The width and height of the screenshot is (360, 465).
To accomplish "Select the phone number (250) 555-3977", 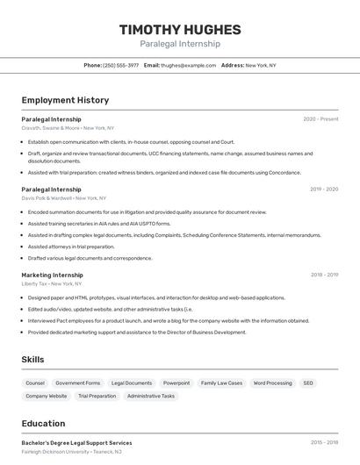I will pyautogui.click(x=121, y=65).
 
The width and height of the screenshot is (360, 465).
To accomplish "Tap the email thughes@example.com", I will pyautogui.click(x=188, y=65).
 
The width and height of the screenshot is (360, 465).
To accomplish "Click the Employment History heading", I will pyautogui.click(x=65, y=100).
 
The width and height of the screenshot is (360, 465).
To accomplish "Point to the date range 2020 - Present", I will pyautogui.click(x=320, y=119).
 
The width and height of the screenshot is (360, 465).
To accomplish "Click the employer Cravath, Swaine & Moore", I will pyautogui.click(x=51, y=128).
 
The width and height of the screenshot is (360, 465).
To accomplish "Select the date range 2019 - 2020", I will pyautogui.click(x=324, y=190).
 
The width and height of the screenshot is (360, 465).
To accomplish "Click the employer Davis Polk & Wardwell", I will pyautogui.click(x=47, y=198).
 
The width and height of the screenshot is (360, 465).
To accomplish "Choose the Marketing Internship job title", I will pyautogui.click(x=52, y=275).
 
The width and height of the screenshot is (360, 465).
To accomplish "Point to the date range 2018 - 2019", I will pyautogui.click(x=324, y=275).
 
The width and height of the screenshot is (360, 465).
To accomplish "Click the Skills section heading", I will pyautogui.click(x=32, y=360).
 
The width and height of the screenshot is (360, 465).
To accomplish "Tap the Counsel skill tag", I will pyautogui.click(x=35, y=383).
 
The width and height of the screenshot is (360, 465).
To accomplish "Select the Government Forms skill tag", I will pyautogui.click(x=78, y=383).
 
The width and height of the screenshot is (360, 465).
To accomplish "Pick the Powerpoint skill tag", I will pyautogui.click(x=176, y=383).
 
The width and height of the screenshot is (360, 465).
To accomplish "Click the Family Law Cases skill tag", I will pyautogui.click(x=221, y=383).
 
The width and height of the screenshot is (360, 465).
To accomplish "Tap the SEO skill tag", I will pyautogui.click(x=308, y=383).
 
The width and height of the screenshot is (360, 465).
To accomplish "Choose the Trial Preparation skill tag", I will pyautogui.click(x=97, y=396).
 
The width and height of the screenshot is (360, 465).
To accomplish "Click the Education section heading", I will pyautogui.click(x=43, y=424).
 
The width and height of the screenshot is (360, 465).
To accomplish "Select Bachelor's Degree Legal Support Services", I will pyautogui.click(x=76, y=443).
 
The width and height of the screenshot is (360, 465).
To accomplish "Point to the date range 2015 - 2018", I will pyautogui.click(x=324, y=443).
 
